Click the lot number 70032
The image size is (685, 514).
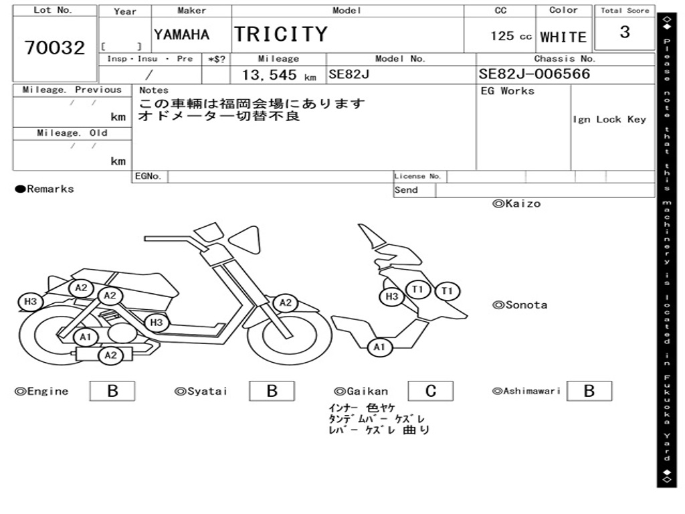point(55,48)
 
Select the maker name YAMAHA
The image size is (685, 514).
point(181,35)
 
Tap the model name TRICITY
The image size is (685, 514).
point(280,34)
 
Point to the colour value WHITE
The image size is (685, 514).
point(563,37)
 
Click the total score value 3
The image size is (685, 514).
point(625,32)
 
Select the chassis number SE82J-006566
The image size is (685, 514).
point(534,74)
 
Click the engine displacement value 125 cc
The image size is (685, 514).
point(510,36)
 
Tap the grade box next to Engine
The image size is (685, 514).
point(112,391)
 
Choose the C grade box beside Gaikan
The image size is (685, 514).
point(430,391)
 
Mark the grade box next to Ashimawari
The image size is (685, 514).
point(589,391)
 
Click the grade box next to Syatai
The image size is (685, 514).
point(272,391)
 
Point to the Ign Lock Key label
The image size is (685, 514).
point(609,119)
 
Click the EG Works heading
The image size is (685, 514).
point(508,91)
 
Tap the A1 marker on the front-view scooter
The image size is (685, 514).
point(379,347)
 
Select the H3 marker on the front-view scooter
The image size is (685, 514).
point(392,296)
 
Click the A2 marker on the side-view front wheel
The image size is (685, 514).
point(286,303)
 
